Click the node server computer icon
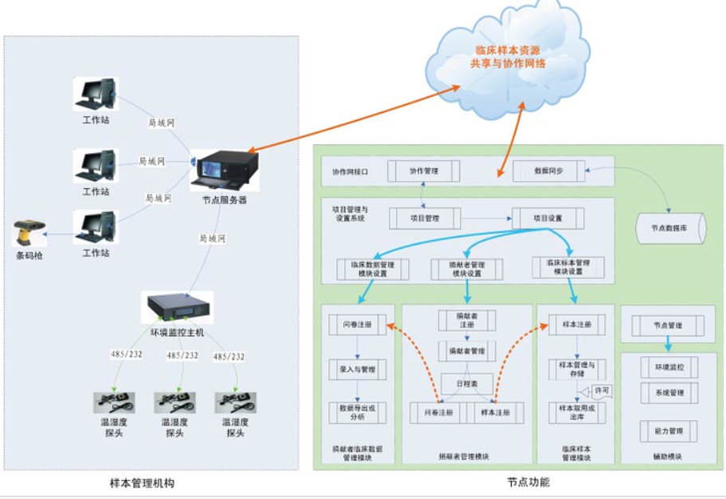(x=226, y=169)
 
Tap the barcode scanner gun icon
(x=29, y=233)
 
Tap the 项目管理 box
(x=426, y=218)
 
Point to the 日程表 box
(x=467, y=383)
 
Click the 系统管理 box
(x=669, y=393)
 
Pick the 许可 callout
(x=602, y=390)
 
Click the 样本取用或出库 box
(x=571, y=412)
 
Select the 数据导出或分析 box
(x=357, y=412)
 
